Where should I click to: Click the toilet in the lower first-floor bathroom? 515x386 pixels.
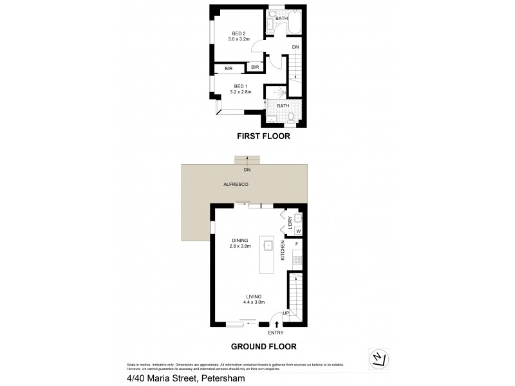[x=291, y=117]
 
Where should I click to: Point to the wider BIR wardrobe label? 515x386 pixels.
[x=229, y=68]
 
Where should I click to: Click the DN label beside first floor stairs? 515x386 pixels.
[x=295, y=48]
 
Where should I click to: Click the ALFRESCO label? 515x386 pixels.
[x=236, y=185]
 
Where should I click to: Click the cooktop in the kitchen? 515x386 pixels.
[x=298, y=260]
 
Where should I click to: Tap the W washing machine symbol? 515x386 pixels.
[x=298, y=232]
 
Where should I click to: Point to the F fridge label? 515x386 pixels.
[x=297, y=244]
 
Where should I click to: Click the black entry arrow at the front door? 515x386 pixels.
[x=276, y=324]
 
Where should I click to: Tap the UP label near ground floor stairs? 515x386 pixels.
[x=286, y=313]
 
